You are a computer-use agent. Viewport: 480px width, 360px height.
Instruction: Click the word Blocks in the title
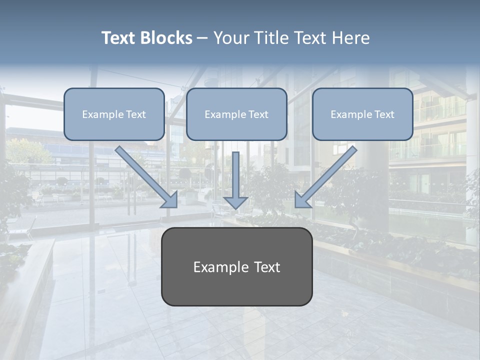[x=166, y=38]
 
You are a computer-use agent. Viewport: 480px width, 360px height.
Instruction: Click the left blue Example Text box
[x=114, y=114]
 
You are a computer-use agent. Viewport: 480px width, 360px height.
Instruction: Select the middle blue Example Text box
[x=236, y=114]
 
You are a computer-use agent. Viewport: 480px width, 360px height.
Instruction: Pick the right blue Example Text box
[x=362, y=114]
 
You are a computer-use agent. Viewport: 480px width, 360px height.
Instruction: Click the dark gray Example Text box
[x=236, y=266]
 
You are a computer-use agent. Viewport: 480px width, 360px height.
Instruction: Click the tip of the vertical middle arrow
[x=235, y=208]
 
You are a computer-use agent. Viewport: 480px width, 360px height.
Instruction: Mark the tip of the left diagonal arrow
[x=176, y=206]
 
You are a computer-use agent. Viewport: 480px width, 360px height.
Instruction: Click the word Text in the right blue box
[x=384, y=114]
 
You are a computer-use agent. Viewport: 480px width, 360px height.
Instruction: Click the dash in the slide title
[x=202, y=38]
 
